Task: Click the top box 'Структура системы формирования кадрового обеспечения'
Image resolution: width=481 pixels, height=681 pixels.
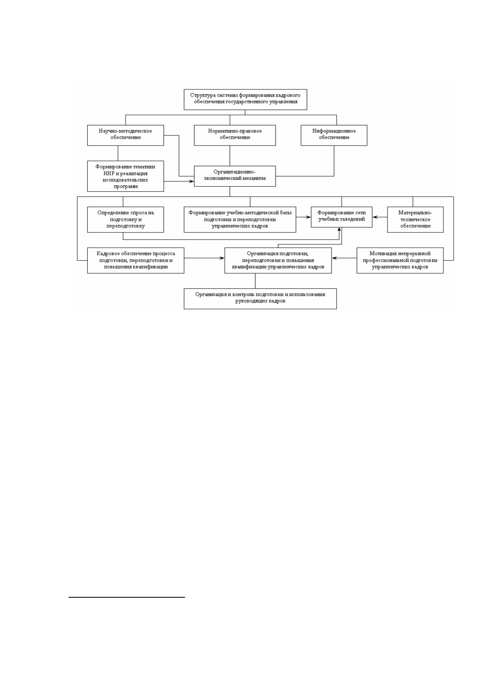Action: tap(246, 99)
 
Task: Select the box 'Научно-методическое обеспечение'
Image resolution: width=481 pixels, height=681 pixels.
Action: tap(126, 135)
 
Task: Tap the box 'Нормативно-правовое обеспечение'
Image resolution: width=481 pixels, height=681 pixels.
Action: tap(235, 135)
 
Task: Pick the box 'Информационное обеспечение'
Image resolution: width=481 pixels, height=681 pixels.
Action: tap(334, 135)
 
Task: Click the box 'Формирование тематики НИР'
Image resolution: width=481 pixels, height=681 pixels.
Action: tap(126, 176)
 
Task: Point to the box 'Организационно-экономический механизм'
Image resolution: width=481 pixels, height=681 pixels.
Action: tap(235, 176)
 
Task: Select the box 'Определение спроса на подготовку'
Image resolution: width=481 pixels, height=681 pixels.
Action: tap(126, 220)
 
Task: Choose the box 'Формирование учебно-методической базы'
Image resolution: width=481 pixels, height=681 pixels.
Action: tap(240, 220)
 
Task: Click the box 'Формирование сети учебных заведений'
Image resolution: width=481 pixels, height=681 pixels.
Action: tap(342, 217)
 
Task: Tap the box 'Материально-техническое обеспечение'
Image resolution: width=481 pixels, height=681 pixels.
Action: tap(415, 220)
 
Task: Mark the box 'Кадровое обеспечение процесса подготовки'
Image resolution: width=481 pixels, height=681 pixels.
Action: tap(136, 260)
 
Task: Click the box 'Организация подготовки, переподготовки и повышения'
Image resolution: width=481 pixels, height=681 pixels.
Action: tap(278, 260)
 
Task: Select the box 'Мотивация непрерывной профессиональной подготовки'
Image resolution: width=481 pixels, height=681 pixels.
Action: tap(400, 260)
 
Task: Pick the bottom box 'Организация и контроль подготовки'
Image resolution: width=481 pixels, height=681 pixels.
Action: tap(260, 298)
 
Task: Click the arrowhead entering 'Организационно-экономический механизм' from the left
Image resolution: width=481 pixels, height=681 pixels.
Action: tap(191, 182)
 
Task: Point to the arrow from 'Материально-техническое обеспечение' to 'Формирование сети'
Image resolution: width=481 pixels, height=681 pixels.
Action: tap(380, 217)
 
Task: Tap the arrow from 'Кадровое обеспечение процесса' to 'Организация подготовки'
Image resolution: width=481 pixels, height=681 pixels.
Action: tap(204, 258)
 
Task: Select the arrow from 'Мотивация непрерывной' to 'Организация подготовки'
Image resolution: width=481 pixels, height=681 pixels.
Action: tap(344, 258)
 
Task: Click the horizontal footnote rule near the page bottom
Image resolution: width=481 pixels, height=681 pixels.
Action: tap(127, 597)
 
